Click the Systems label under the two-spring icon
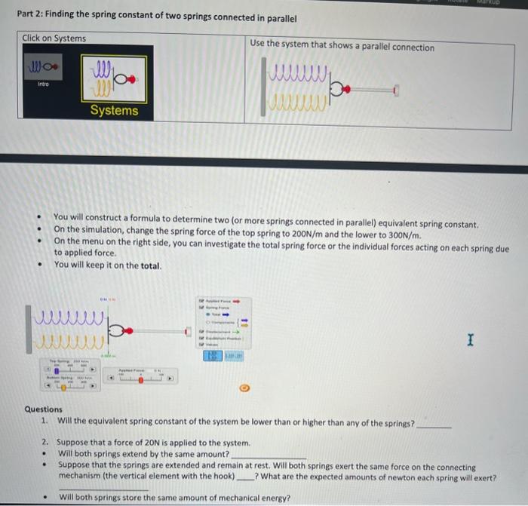click(x=114, y=111)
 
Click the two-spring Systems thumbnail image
click(x=113, y=79)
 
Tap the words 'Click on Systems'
click(x=54, y=38)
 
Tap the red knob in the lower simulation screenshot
click(x=129, y=330)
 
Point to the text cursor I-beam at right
click(x=470, y=342)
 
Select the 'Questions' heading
click(x=44, y=409)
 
